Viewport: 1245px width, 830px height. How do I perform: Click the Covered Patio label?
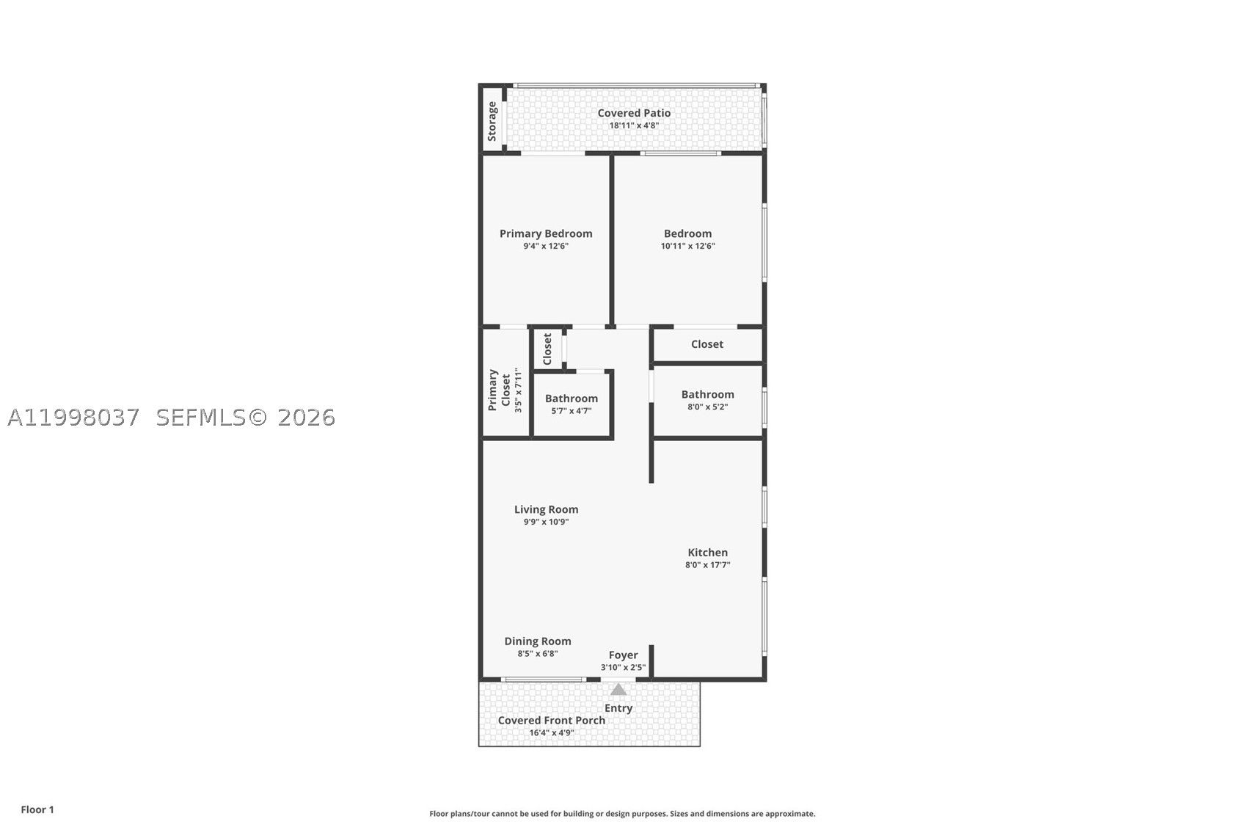(634, 113)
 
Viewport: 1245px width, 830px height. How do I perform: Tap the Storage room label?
(492, 121)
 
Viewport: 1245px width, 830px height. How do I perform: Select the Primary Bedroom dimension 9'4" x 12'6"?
(546, 246)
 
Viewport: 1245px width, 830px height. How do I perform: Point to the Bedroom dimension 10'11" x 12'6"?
(687, 246)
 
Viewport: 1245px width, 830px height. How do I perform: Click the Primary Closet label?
(499, 390)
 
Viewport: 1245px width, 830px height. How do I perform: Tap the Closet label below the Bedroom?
(707, 344)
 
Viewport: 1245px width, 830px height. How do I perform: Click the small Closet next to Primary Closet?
(547, 349)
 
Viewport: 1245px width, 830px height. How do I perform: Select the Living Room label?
(546, 509)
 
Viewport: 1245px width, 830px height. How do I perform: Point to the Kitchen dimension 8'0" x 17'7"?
(707, 565)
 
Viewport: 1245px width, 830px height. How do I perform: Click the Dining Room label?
(538, 641)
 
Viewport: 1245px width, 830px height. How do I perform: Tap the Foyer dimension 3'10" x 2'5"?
(623, 667)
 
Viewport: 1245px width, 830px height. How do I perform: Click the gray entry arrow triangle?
(618, 690)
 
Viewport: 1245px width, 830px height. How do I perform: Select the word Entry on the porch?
(618, 708)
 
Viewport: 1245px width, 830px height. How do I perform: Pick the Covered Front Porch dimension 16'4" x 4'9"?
(552, 732)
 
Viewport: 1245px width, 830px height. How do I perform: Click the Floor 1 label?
(37, 809)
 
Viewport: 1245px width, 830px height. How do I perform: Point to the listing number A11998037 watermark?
(73, 418)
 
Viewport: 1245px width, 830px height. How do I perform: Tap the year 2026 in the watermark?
(306, 418)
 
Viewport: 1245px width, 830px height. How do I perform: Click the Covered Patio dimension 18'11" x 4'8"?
(634, 125)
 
